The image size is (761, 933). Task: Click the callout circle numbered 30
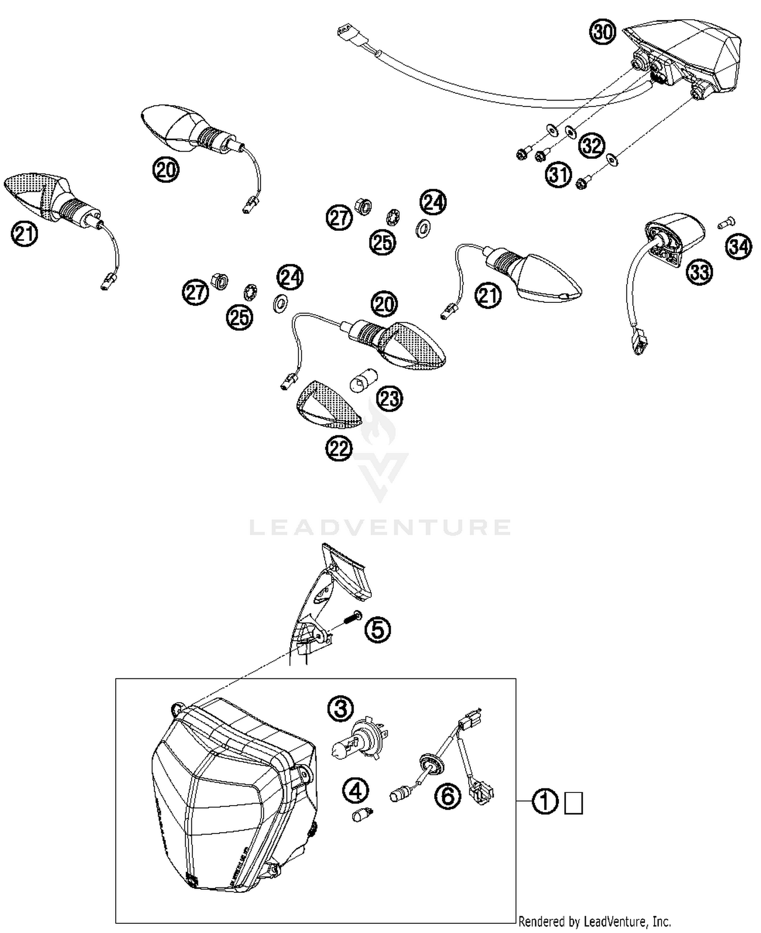[602, 31]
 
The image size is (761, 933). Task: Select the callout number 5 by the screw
[378, 630]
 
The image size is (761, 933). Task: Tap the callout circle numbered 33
[699, 272]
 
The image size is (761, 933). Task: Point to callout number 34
[738, 247]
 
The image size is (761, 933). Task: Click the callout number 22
[339, 448]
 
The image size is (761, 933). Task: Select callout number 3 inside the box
[340, 708]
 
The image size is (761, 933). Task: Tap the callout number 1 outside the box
[545, 803]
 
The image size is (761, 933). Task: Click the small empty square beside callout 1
[574, 803]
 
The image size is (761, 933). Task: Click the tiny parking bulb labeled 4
[362, 816]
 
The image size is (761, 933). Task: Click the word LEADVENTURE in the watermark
[380, 528]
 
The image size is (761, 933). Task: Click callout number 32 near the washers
[592, 146]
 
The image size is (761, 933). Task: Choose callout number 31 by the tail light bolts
[558, 175]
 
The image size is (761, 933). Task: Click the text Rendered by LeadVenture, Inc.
[594, 921]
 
